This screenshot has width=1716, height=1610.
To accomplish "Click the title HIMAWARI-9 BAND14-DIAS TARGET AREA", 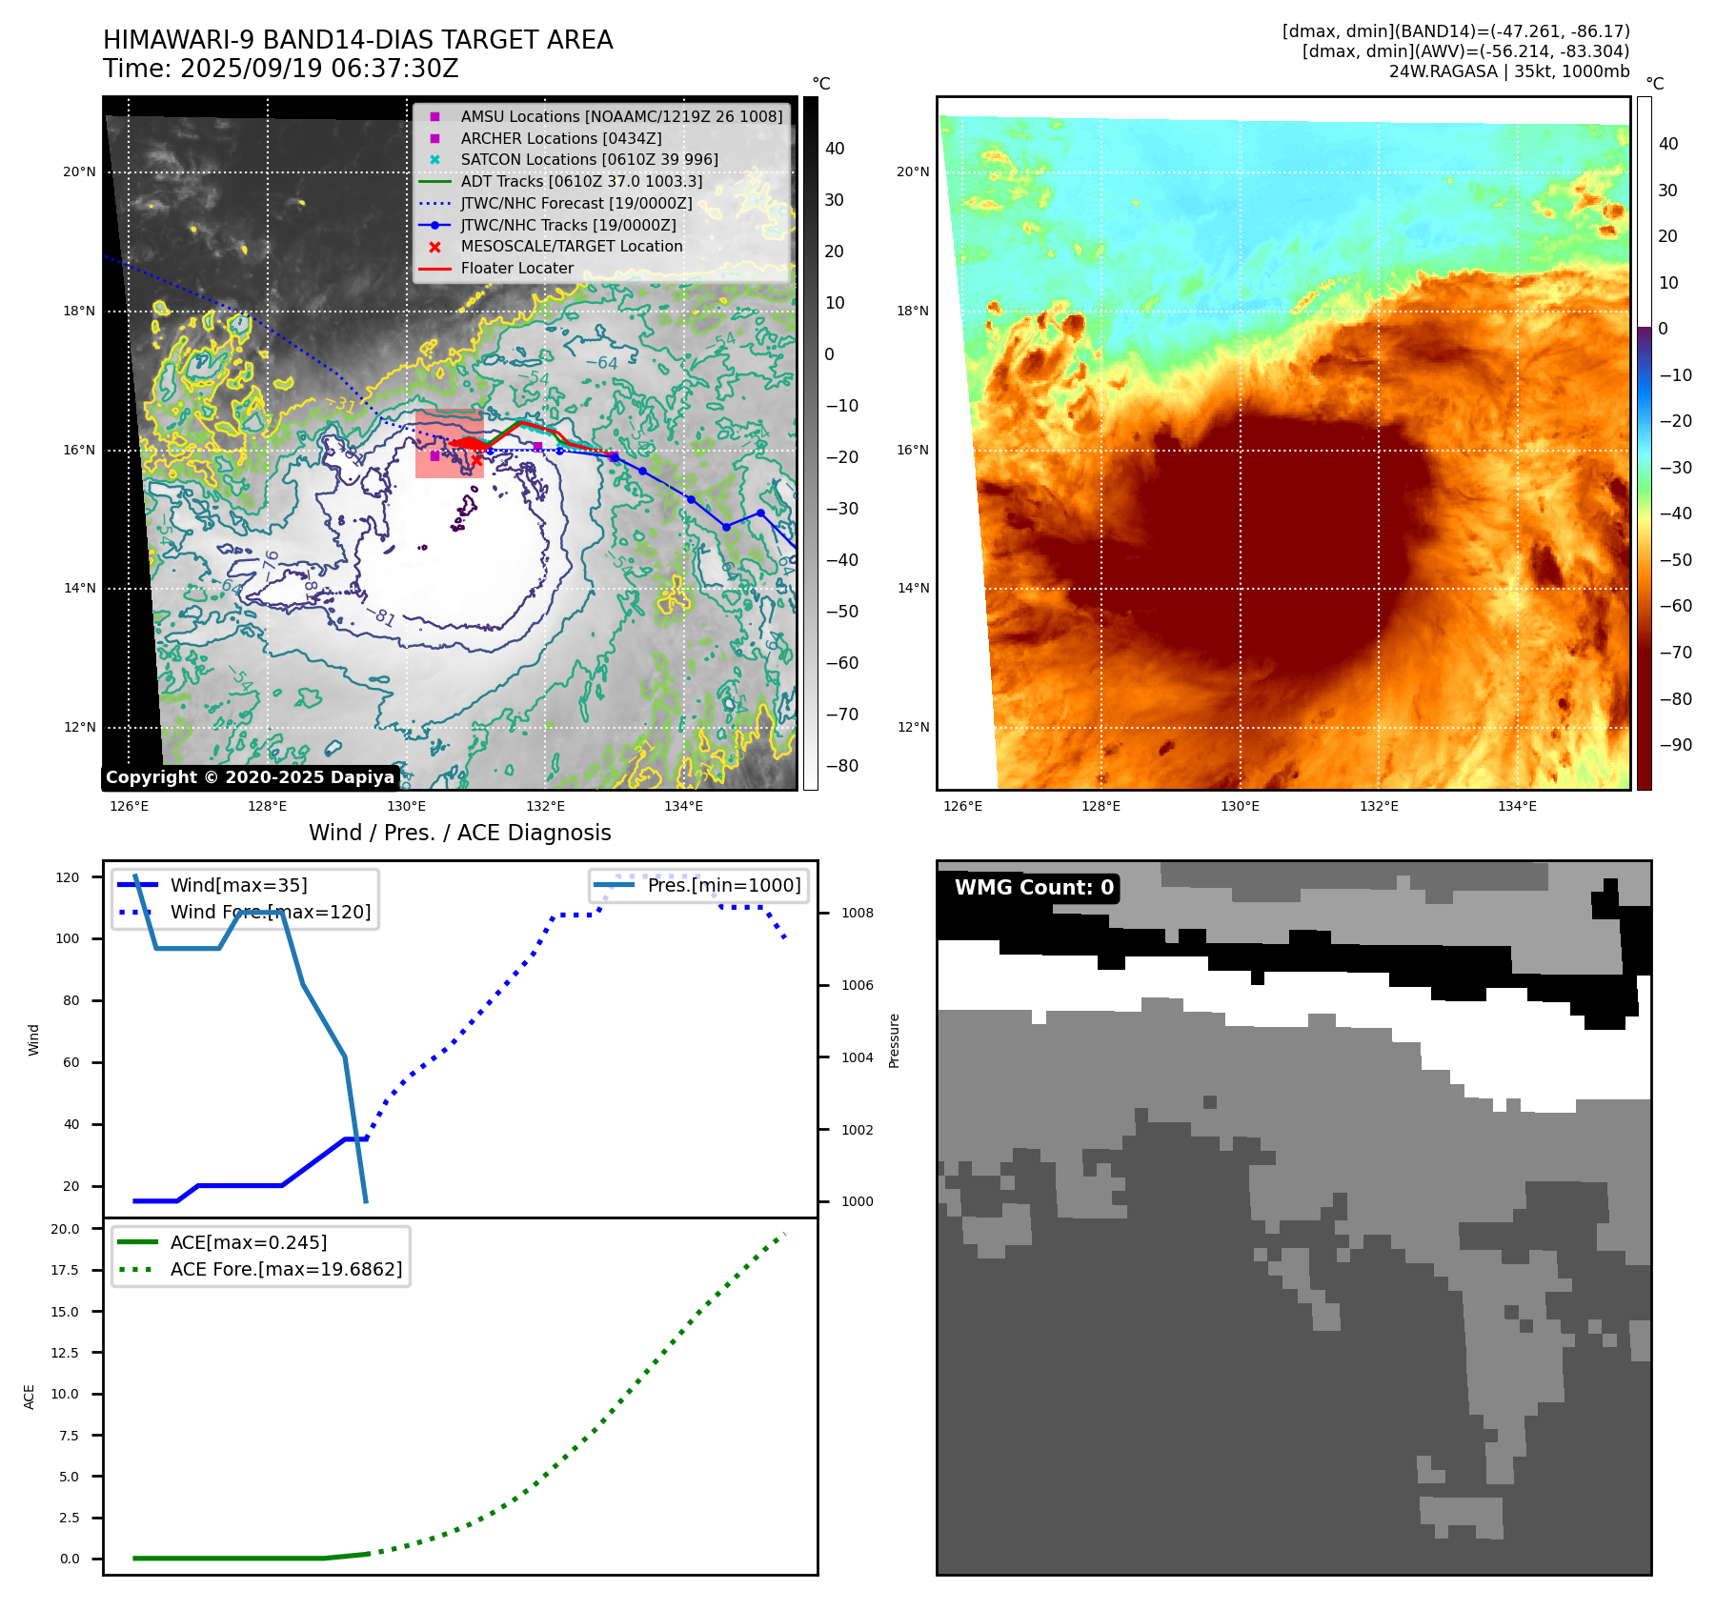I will [x=357, y=40].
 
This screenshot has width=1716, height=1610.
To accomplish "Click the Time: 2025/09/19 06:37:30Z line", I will [x=281, y=69].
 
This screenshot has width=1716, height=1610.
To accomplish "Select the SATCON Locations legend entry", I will [x=589, y=159].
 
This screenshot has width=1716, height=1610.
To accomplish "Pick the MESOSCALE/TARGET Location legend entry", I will [x=572, y=246].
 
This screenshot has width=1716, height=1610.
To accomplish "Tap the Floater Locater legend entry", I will [x=516, y=268].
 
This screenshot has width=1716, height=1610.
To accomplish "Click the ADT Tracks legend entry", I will [x=581, y=181].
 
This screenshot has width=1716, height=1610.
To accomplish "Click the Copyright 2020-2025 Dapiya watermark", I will [x=250, y=777].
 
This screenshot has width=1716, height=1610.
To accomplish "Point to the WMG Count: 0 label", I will [x=1034, y=888].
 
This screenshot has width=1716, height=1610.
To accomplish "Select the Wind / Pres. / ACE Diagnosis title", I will [x=459, y=833].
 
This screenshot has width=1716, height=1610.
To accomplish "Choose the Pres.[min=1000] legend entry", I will [x=723, y=885].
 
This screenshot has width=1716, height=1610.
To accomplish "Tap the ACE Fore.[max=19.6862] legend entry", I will [x=286, y=1269].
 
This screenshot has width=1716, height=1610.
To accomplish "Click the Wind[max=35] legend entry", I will [x=238, y=885].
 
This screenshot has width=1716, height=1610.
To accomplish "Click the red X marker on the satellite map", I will [x=476, y=460].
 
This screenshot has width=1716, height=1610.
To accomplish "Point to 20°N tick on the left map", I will [x=80, y=172].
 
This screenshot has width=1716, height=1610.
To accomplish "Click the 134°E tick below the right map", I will [x=1517, y=806].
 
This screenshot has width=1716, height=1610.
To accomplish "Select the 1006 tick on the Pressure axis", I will [x=857, y=985].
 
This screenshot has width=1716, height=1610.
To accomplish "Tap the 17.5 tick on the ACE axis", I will [x=65, y=1270].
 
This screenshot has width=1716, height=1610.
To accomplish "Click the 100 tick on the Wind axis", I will [x=68, y=938].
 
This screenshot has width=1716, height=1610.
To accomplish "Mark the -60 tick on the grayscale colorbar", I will [x=841, y=663].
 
